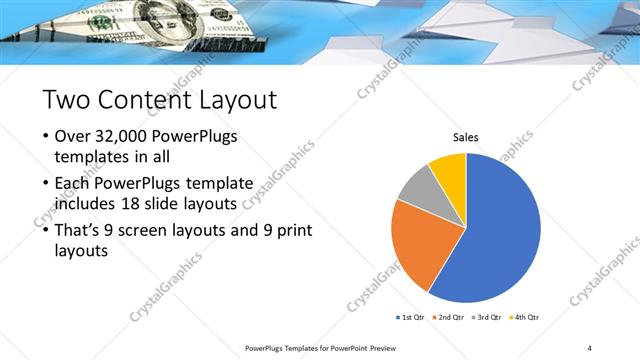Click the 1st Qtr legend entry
coord(411,317)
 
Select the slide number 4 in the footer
coord(589,348)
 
